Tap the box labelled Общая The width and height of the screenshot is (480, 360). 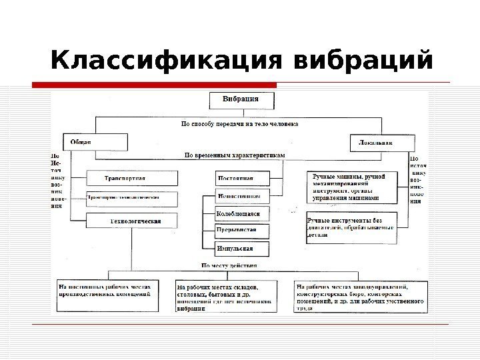[95, 142]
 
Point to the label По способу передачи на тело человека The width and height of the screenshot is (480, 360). [240, 124]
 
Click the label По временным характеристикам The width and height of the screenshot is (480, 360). [234, 155]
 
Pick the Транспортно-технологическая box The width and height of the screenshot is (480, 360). [131, 198]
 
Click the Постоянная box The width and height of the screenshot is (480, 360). [243, 178]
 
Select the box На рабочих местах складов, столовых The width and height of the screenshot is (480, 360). [227, 295]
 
